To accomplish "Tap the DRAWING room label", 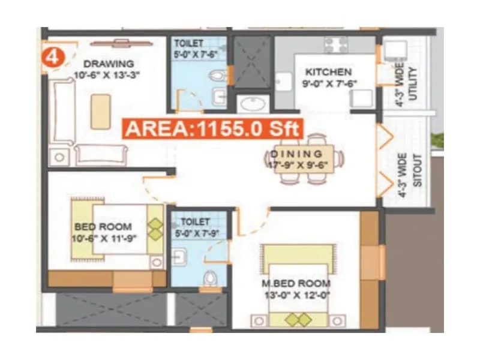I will pos(109,64).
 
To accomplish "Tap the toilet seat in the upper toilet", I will pos(219,76).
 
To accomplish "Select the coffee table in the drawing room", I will pos(100,110).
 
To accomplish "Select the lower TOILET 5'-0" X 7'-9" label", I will pos(196,227).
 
